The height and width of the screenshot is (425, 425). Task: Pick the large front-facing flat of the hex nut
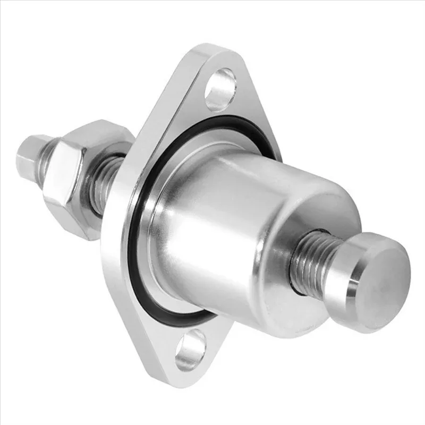click(x=64, y=181)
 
